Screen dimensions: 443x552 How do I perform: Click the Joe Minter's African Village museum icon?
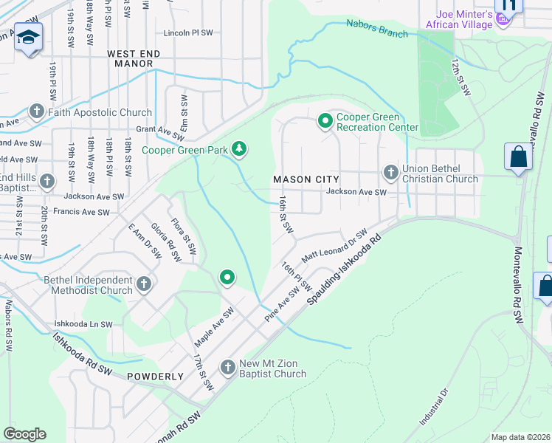(504, 18)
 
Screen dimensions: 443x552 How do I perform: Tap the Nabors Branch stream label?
(376, 30)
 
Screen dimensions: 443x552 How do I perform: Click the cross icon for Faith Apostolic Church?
(37, 112)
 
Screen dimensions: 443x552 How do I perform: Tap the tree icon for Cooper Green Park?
(238, 149)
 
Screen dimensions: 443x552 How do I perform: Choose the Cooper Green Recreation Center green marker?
(324, 120)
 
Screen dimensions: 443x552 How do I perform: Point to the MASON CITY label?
(306, 179)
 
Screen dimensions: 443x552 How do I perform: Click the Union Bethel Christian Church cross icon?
(391, 173)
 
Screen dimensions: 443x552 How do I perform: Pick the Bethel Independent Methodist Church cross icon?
(144, 283)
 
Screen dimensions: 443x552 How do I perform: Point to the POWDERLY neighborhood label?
(155, 377)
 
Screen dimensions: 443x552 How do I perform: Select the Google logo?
(24, 434)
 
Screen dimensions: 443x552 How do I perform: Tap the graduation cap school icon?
(28, 38)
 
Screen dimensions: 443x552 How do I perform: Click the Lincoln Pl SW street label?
(188, 33)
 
